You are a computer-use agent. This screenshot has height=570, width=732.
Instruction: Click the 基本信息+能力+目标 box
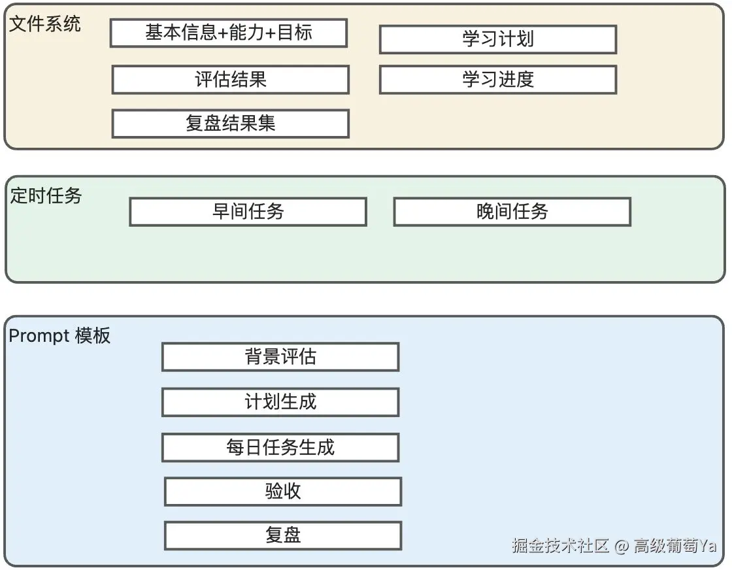coord(229,33)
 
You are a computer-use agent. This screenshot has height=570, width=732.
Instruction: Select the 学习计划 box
coord(498,39)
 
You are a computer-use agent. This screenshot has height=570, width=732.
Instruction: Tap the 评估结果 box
coord(231,79)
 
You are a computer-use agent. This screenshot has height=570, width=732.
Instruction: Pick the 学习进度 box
coord(498,79)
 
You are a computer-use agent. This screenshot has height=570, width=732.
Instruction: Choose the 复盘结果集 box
coord(231,124)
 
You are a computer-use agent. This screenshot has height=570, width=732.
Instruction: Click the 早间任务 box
coord(248,212)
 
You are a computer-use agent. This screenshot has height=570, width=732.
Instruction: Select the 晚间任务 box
coord(512,212)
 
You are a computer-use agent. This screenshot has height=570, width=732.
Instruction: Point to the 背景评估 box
coord(280,357)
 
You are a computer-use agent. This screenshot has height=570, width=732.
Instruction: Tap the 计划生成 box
coord(280,402)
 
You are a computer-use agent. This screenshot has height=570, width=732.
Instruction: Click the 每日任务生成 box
coord(280,448)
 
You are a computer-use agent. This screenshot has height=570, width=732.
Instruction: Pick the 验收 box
coord(284,492)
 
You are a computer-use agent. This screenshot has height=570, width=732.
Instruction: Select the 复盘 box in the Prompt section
coord(284,535)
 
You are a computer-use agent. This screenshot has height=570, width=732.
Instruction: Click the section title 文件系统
coord(45,24)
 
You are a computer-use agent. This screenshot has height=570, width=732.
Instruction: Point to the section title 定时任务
coord(46,195)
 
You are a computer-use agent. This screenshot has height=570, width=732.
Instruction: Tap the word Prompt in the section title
coord(39,336)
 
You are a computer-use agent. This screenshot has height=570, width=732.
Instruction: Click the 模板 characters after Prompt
coord(93,335)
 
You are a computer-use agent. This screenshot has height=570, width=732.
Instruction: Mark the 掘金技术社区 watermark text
coord(560,545)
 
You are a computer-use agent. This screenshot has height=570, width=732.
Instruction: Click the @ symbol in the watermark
coord(622,546)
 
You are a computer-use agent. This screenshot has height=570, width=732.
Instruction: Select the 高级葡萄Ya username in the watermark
coord(675,545)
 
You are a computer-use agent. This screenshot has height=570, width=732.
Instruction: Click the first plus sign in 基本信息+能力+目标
coord(223,33)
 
